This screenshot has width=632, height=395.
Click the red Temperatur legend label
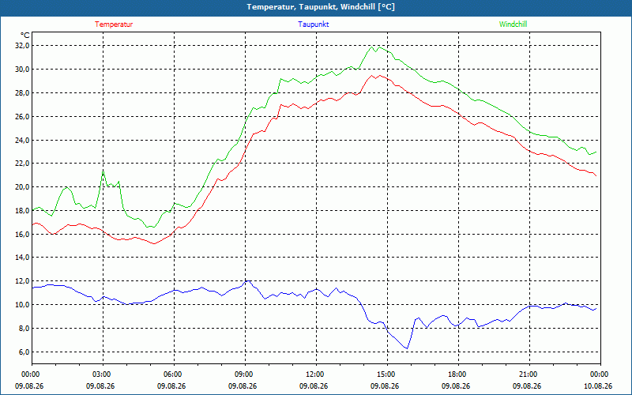point(114,24)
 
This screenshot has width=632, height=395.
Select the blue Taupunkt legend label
point(314,24)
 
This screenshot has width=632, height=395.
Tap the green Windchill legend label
point(513,24)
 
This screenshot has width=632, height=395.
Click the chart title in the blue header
point(321,7)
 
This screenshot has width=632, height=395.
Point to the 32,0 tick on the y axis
point(23,46)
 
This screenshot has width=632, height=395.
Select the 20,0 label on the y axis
point(23,187)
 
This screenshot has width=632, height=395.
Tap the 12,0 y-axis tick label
point(23,281)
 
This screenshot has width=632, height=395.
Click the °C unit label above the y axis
point(25,36)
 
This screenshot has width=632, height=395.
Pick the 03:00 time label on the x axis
point(103,374)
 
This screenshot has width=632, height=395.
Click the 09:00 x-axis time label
point(245,374)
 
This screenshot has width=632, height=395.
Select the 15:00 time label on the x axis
point(387,374)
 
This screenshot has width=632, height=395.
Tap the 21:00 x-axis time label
point(529,374)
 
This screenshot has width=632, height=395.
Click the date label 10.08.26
point(598,386)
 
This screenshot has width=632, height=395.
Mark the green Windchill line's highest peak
point(372,47)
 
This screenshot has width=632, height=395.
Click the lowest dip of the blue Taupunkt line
point(407,348)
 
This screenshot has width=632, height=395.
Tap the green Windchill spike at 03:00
point(103,171)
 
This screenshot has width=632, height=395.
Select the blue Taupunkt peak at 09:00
point(247,280)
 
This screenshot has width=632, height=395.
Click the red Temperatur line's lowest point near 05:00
point(153,244)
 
